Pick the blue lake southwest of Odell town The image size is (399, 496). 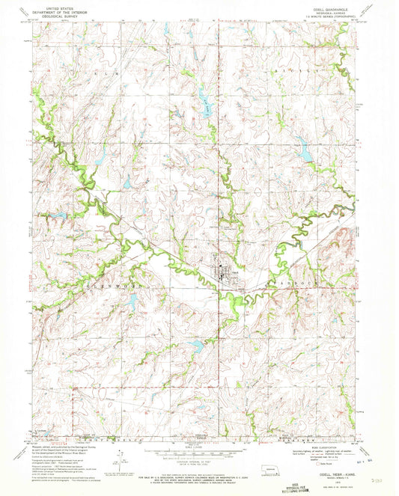pyautogui.click(x=196, y=345)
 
